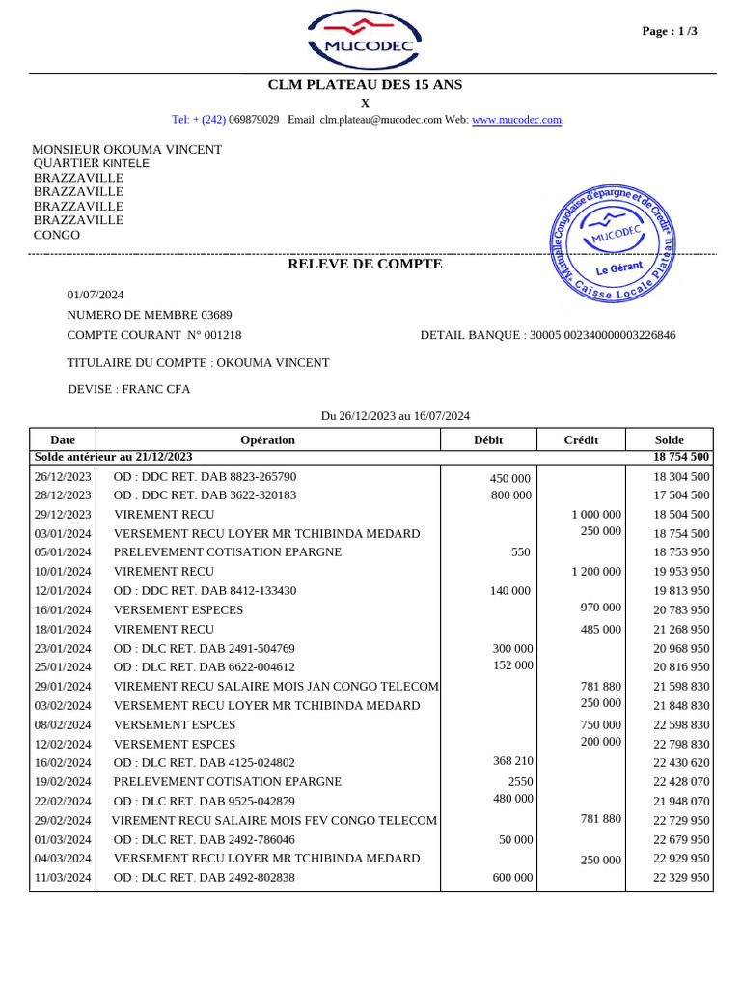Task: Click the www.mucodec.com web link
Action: pos(516,120)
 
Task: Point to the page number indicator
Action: pos(670,31)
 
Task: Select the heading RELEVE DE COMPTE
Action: pos(365,264)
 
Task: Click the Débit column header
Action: pos(488,439)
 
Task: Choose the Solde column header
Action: pos(669,439)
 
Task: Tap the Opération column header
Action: pos(267,439)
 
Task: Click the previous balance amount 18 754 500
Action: pos(681,457)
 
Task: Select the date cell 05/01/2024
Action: pos(63,552)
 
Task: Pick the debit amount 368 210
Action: pos(512,761)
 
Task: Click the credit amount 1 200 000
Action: pos(596,571)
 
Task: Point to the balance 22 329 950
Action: pos(681,878)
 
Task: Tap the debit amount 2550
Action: pos(520,781)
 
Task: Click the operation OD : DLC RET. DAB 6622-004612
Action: pos(205,666)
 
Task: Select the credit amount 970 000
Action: pos(601,608)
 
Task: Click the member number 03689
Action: pos(216,315)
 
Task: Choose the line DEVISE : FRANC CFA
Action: pos(128,389)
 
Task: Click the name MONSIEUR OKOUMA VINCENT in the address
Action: pos(127,149)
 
